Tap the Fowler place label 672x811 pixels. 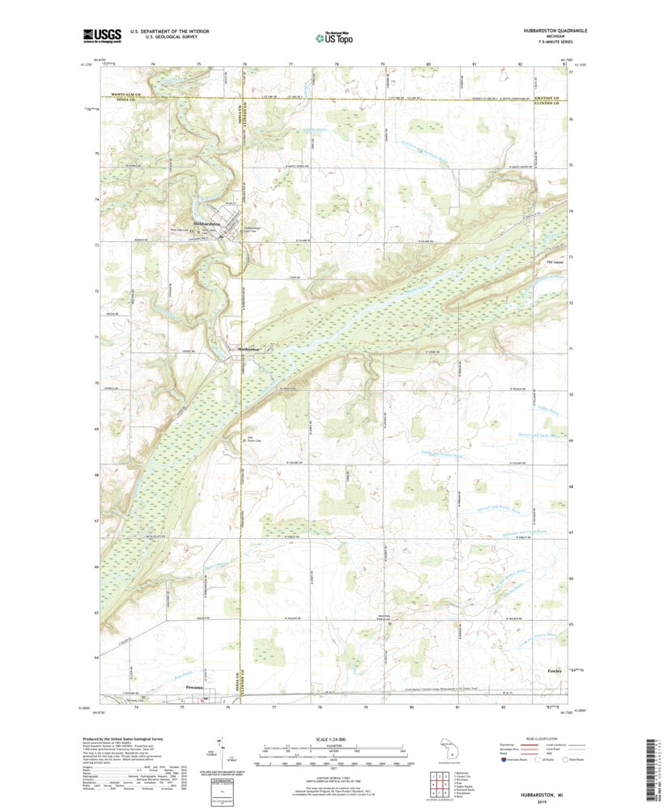tap(554, 670)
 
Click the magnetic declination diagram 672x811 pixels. tap(219, 753)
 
